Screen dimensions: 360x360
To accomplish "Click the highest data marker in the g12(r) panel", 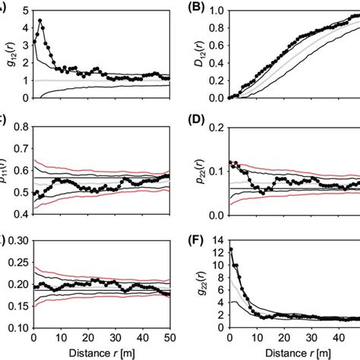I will pyautogui.click(x=40, y=21).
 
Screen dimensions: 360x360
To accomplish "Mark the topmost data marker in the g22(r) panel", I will pyautogui.click(x=229, y=249).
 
